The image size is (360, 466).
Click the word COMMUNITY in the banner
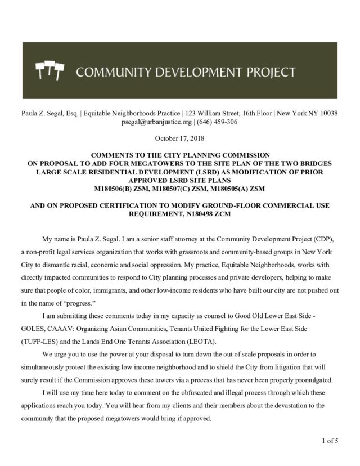pyautogui.click(x=111, y=71)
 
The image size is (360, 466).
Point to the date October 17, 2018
pyautogui.click(x=179, y=138)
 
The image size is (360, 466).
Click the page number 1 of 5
pyautogui.click(x=330, y=441)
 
